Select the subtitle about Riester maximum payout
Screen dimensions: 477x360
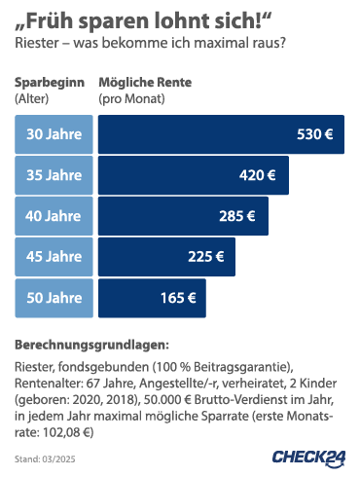(151, 44)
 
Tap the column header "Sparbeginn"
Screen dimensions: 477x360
(49, 83)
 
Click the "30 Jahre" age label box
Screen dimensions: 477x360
(54, 134)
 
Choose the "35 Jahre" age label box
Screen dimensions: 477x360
(54, 175)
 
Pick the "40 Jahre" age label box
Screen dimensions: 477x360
(54, 216)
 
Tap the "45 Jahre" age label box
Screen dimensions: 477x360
(54, 257)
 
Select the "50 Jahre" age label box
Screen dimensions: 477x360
(54, 298)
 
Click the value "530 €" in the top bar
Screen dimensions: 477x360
(314, 134)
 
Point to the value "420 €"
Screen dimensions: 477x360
(258, 175)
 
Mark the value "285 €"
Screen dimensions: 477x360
(236, 216)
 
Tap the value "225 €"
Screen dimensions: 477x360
(205, 257)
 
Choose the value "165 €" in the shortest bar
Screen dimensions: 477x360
(178, 298)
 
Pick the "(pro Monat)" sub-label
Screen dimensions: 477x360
(131, 99)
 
